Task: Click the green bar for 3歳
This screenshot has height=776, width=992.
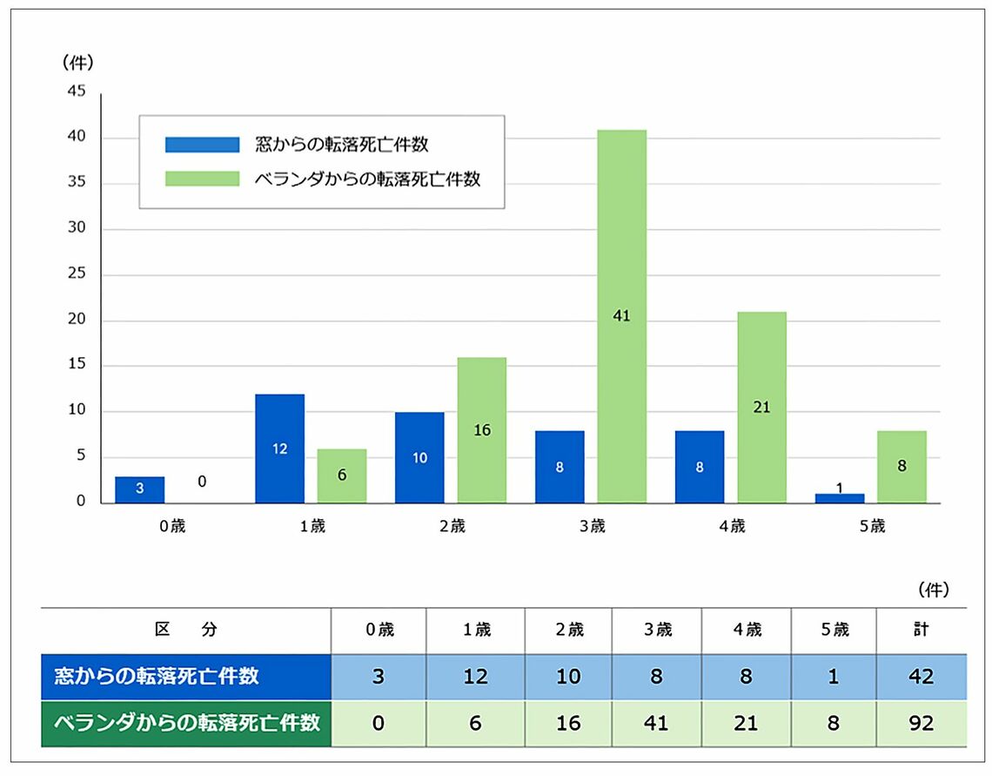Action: tap(621, 316)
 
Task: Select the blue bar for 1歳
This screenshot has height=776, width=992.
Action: tap(279, 449)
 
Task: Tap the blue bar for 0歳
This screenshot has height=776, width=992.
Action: tap(139, 489)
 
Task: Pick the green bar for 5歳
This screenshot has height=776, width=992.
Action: tap(902, 466)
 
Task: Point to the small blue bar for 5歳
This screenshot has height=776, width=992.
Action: tap(840, 498)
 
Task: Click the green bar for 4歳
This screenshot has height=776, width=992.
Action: tap(761, 407)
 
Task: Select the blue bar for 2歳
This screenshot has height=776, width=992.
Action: tap(419, 457)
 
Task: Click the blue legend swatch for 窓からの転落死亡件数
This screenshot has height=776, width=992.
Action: tap(202, 145)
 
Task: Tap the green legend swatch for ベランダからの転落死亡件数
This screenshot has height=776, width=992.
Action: tap(202, 179)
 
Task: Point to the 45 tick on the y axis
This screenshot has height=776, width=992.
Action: tap(77, 92)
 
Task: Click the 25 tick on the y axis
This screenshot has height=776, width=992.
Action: tap(77, 275)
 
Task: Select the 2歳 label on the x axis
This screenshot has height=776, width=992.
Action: tap(452, 526)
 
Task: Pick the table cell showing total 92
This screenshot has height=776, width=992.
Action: tap(921, 723)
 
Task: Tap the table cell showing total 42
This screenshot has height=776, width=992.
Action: tap(921, 677)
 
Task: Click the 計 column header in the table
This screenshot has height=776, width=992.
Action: tap(921, 630)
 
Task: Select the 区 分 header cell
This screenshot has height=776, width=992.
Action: tap(185, 630)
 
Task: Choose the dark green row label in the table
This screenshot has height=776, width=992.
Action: tap(186, 723)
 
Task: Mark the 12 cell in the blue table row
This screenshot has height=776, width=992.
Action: tap(475, 677)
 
